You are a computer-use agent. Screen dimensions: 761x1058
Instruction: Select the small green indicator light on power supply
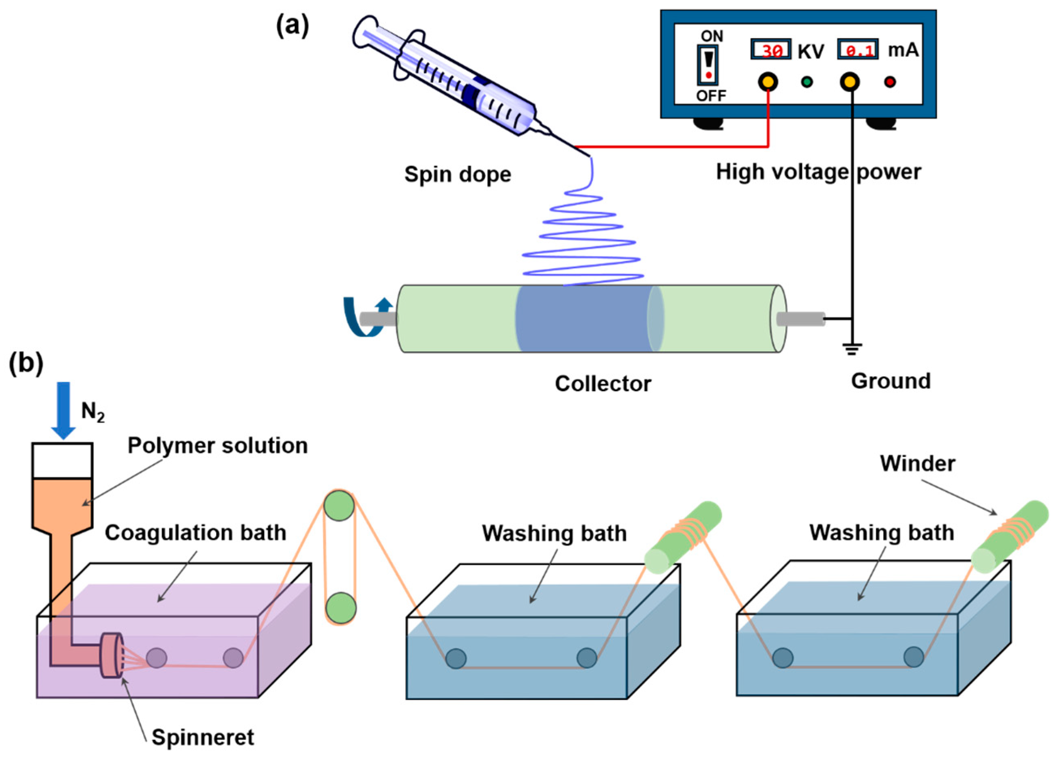806,82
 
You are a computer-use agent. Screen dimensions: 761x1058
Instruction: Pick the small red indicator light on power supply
890,82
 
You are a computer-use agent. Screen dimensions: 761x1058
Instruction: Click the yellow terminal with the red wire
768,82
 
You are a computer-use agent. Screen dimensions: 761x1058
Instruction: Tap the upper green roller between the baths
339,506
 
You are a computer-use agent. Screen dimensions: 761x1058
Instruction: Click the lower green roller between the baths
340,608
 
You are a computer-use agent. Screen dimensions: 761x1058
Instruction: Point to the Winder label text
917,464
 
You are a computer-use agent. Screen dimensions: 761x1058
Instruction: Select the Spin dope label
457,175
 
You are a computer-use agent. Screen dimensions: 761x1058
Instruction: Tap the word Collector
603,384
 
